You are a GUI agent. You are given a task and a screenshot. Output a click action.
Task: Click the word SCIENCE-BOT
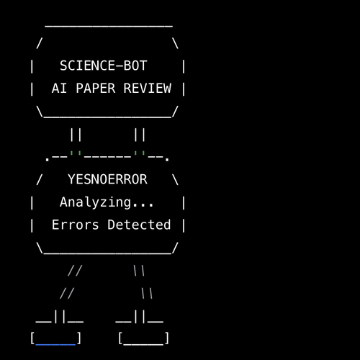(104, 66)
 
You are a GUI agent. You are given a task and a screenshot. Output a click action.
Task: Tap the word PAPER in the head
(96, 88)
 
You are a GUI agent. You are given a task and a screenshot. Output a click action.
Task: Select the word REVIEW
(148, 88)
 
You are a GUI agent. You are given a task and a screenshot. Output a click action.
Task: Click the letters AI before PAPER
(59, 88)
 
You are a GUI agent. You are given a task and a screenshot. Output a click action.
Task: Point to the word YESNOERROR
(107, 179)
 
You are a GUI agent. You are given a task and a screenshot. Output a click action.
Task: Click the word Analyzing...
(95, 202)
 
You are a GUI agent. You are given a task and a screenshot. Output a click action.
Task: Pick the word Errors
(75, 225)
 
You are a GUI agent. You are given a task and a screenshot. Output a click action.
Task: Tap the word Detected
(139, 225)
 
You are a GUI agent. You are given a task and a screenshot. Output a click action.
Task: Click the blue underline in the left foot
(55, 345)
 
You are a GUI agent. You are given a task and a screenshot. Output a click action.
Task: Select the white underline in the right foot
(143, 345)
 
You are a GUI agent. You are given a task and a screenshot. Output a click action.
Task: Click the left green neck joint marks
(76, 153)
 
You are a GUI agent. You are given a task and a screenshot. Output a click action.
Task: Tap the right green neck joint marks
(140, 153)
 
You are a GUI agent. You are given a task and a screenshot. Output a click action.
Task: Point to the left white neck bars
(76, 135)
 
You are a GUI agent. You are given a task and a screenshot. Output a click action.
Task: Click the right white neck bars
(140, 135)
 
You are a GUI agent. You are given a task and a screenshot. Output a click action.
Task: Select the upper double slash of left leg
(75, 271)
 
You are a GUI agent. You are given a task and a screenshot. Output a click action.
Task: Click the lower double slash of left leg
(67, 293)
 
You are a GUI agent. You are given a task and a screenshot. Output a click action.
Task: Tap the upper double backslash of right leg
(139, 271)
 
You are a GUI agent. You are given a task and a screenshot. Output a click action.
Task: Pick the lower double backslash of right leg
(147, 293)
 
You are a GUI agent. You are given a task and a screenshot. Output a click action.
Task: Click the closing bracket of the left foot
(79, 338)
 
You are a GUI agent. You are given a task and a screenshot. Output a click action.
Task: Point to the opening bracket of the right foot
(120, 338)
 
